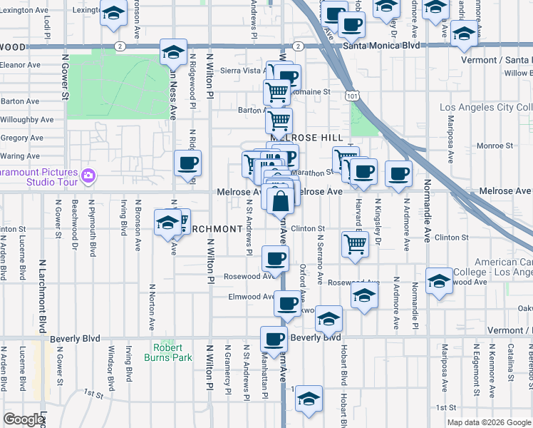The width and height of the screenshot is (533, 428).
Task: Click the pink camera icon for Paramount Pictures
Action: tap(88, 175)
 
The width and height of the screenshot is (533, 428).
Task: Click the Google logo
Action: tap(24, 419)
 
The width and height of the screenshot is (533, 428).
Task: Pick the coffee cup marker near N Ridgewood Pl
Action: tap(188, 163)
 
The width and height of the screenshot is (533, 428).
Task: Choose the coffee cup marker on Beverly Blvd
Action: tap(274, 339)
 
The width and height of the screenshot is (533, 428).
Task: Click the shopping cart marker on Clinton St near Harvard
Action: tap(355, 243)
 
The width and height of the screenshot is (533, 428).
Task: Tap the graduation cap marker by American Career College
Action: tap(439, 281)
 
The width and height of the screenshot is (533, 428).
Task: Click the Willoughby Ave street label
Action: tap(27, 120)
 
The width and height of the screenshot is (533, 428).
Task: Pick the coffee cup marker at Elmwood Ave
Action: tap(287, 303)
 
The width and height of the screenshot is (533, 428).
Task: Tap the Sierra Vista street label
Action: tap(242, 71)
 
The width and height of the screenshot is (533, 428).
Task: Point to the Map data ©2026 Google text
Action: tap(488, 422)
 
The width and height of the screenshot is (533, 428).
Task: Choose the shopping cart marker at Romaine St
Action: tap(276, 91)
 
